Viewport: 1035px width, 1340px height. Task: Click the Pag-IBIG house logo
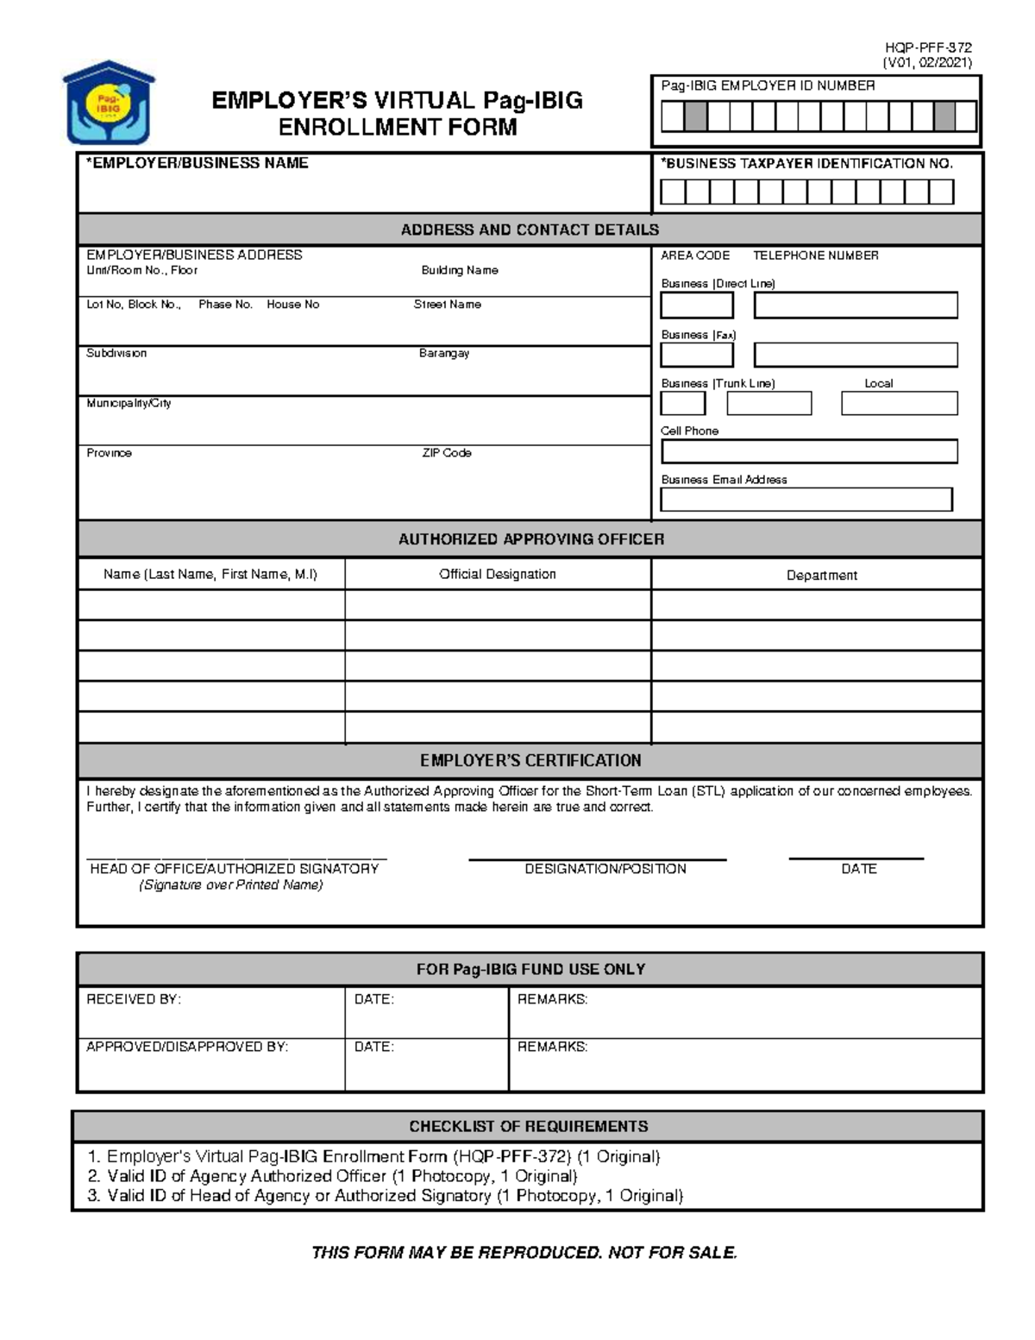109,102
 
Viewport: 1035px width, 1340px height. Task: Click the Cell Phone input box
809,451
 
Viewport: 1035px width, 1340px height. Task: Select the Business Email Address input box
806,500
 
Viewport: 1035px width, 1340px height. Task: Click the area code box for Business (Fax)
697,355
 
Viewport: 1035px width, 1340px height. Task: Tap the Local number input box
899,403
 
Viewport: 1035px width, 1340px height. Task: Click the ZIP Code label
446,453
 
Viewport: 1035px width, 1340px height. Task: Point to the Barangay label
444,353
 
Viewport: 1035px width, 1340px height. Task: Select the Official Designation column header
497,574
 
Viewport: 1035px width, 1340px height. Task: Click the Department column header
821,575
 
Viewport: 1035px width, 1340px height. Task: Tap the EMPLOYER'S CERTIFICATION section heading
530,760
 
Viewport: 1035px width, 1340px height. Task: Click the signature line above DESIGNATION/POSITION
597,859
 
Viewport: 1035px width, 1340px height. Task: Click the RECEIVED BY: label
134,999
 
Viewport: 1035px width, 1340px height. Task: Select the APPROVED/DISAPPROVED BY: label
187,1047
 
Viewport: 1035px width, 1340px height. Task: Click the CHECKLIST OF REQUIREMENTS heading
528,1126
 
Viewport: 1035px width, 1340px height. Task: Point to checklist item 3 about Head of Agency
385,1196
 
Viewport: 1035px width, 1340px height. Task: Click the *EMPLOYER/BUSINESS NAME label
197,163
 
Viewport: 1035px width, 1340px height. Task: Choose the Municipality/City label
129,403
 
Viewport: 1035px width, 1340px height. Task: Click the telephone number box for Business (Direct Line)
856,305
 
